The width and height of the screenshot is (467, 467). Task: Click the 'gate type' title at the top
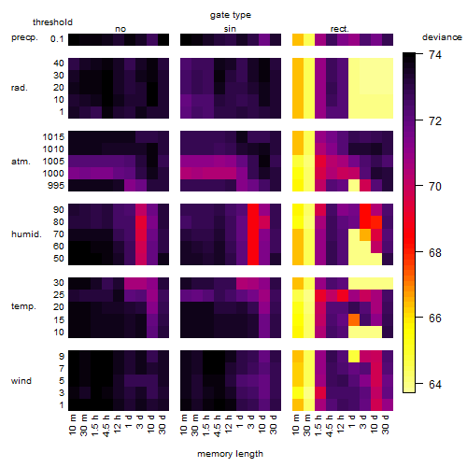point(231,15)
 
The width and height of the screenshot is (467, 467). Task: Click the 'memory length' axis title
point(230,454)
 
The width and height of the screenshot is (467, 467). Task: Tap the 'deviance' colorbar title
point(442,37)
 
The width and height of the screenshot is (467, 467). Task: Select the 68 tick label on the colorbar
point(435,252)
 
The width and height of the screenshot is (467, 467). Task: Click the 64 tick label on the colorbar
point(435,385)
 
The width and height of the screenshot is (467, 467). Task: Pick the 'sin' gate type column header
point(230,29)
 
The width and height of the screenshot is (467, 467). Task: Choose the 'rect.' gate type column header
point(340,29)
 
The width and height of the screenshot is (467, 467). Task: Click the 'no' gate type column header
point(120,29)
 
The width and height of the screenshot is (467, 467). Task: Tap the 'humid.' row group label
point(26,234)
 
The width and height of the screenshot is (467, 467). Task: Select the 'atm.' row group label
point(21,162)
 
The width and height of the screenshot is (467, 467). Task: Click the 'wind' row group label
point(21,381)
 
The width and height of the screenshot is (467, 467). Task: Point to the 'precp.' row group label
point(24,37)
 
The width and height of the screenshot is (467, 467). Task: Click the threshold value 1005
point(53,162)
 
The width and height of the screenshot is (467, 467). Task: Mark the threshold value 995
point(56,186)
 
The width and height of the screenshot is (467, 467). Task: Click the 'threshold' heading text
point(52,22)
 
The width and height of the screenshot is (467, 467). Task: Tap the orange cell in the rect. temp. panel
point(354,319)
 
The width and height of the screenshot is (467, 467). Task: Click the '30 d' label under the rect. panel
point(386,424)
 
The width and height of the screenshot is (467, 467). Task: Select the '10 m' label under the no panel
point(72,424)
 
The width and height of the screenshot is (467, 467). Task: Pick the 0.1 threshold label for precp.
point(57,39)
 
